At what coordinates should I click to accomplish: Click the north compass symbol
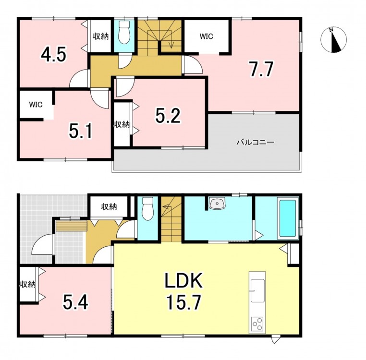pyautogui.click(x=333, y=39)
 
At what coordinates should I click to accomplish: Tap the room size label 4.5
pyautogui.click(x=54, y=55)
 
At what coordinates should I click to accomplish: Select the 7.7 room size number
pyautogui.click(x=261, y=69)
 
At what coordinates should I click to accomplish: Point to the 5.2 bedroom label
pyautogui.click(x=168, y=116)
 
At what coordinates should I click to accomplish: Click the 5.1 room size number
pyautogui.click(x=81, y=131)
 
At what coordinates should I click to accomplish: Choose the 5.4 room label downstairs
pyautogui.click(x=75, y=302)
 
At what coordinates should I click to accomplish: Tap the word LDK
pyautogui.click(x=183, y=280)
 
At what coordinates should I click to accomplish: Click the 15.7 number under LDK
pyautogui.click(x=183, y=302)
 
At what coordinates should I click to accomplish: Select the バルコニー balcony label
pyautogui.click(x=256, y=142)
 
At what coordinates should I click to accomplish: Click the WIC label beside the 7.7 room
pyautogui.click(x=207, y=36)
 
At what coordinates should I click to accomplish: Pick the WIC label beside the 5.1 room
pyautogui.click(x=36, y=104)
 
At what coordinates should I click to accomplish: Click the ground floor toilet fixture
pyautogui.click(x=147, y=209)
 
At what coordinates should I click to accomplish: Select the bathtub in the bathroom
pyautogui.click(x=288, y=218)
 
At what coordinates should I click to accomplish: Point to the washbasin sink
pyautogui.click(x=217, y=203)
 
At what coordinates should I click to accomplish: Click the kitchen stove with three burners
pyautogui.click(x=257, y=324)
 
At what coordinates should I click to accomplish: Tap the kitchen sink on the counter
pyautogui.click(x=257, y=291)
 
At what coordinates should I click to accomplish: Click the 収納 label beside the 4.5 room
pyautogui.click(x=101, y=36)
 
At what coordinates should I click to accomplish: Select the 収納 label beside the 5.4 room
pyautogui.click(x=27, y=285)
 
